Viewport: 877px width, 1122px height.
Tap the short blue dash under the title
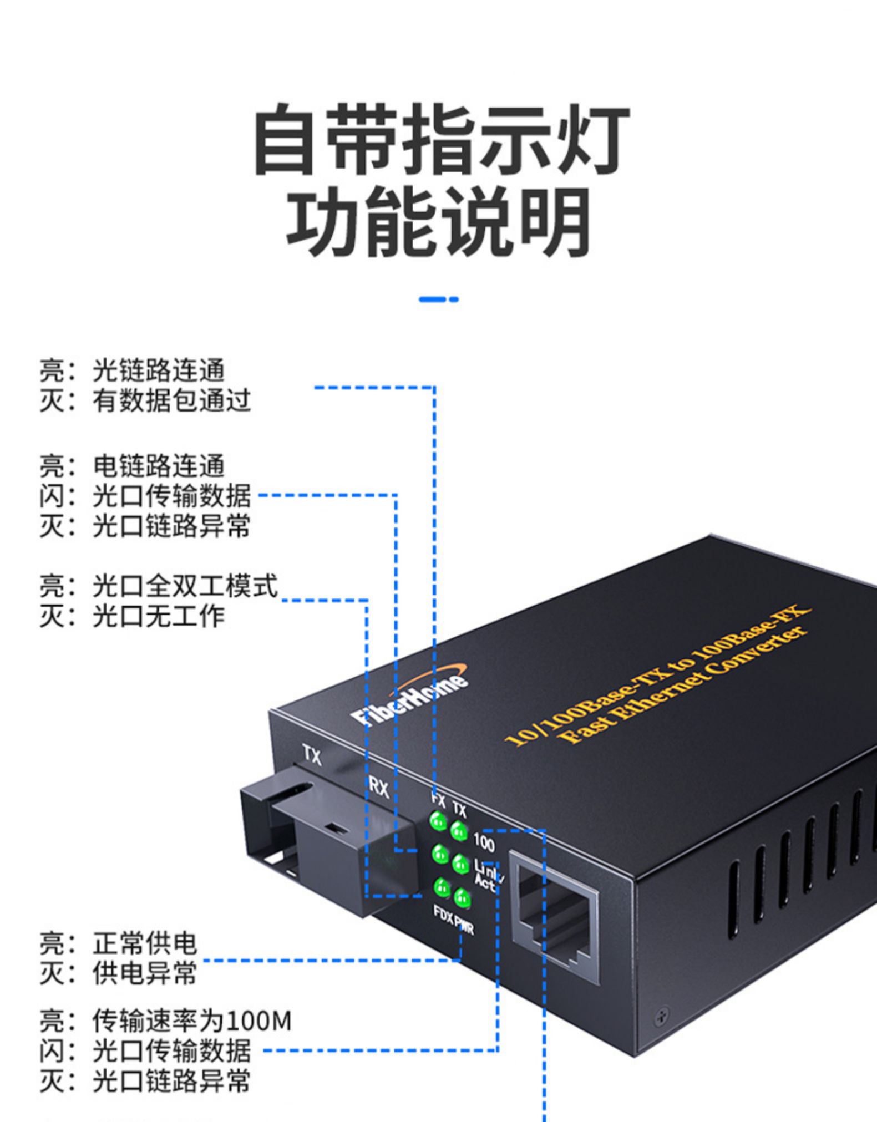point(438,299)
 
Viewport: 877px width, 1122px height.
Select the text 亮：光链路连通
point(132,370)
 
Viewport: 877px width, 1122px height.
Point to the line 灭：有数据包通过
point(145,400)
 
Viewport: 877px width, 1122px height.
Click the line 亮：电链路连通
point(132,466)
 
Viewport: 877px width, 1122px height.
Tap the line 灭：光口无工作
point(132,616)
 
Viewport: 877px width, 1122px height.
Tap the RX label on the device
point(379,788)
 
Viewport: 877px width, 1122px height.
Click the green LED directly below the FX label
point(438,820)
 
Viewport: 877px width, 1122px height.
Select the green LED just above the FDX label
point(442,886)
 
